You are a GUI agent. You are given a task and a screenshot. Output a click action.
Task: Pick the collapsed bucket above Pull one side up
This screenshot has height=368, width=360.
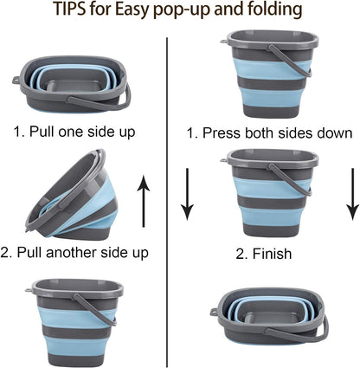click(x=71, y=87)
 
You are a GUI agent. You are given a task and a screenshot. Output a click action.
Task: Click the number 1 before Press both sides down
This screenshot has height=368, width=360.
click(x=190, y=133)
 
